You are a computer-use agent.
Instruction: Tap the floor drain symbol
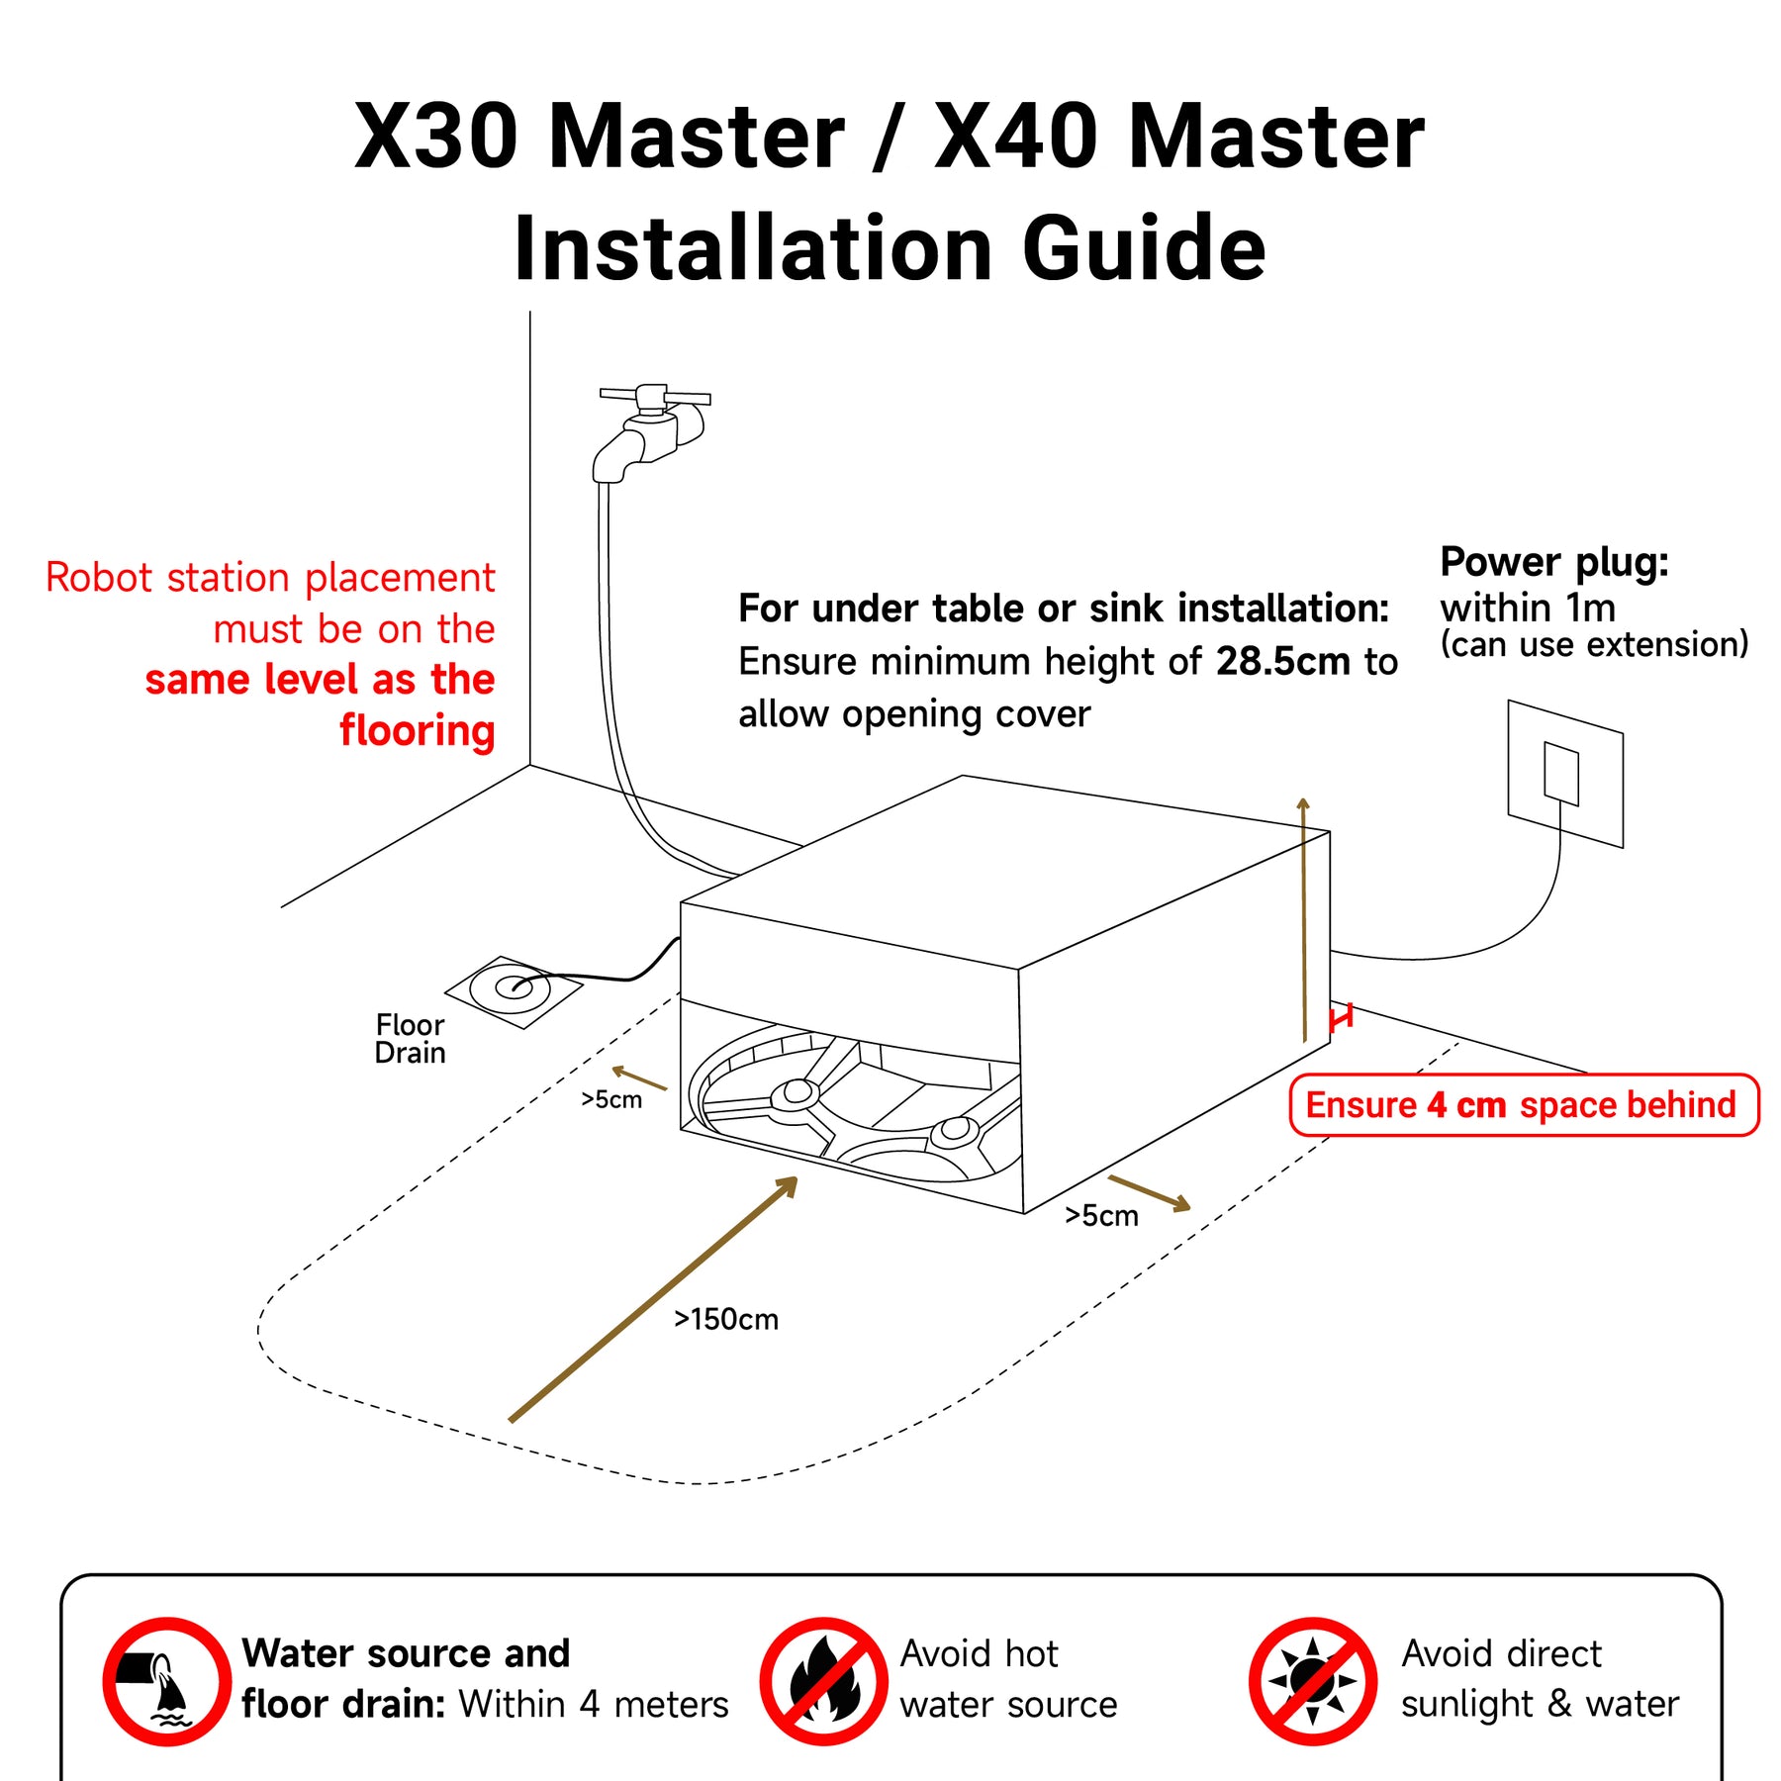click(x=514, y=990)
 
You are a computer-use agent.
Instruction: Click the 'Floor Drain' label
click(x=410, y=1038)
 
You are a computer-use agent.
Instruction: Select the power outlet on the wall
click(x=1565, y=773)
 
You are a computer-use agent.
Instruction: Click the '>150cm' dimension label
click(x=726, y=1319)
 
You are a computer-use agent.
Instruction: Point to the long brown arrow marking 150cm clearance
click(x=653, y=1299)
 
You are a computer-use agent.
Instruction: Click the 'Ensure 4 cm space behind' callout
click(x=1524, y=1104)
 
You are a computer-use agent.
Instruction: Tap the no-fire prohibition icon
click(x=823, y=1681)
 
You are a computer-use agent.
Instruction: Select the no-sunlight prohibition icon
click(x=1312, y=1681)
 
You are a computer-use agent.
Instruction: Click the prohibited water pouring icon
click(x=167, y=1681)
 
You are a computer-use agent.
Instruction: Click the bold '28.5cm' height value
click(x=1282, y=661)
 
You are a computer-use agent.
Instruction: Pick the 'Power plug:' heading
click(x=1554, y=561)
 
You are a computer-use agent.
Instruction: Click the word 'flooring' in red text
click(x=417, y=731)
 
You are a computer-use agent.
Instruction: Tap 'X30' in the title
click(x=436, y=136)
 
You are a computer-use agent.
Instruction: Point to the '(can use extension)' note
click(x=1594, y=644)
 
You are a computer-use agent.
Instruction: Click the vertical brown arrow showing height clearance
click(x=1304, y=919)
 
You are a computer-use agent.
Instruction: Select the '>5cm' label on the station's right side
click(x=1101, y=1215)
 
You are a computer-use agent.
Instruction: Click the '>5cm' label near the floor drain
click(x=610, y=1099)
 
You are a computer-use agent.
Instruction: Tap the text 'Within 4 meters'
click(x=593, y=1704)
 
